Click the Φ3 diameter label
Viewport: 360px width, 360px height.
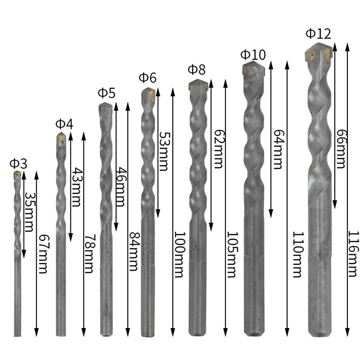click(x=18, y=164)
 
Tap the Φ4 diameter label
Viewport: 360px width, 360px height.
click(x=64, y=124)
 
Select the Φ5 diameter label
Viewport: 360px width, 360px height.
click(x=107, y=93)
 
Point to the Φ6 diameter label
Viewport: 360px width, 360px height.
click(x=148, y=77)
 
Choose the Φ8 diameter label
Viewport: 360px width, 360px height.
click(x=197, y=70)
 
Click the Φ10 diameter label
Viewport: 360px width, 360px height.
click(x=253, y=54)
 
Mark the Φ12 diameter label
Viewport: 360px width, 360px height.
click(x=319, y=33)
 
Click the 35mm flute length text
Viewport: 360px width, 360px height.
click(x=30, y=211)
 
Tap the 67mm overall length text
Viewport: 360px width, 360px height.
click(x=43, y=254)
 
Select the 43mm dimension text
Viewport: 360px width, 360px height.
click(x=76, y=187)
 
